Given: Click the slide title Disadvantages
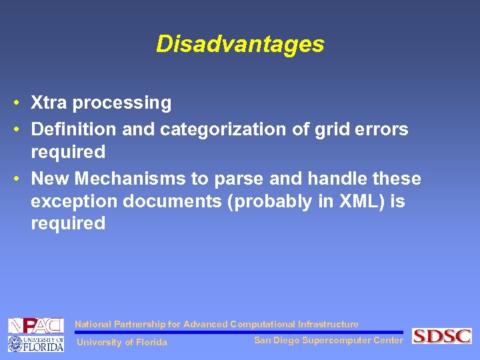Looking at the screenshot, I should pyautogui.click(x=240, y=44).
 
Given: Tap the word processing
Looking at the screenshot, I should pyautogui.click(x=122, y=103).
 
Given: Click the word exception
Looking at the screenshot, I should pyautogui.click(x=70, y=201).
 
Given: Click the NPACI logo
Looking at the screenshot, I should pyautogui.click(x=35, y=326).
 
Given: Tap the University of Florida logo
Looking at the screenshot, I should pyautogui.click(x=35, y=344).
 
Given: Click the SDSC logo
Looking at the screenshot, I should pyautogui.click(x=441, y=336).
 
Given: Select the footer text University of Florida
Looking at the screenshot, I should pyautogui.click(x=123, y=343).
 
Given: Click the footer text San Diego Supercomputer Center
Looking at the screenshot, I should pyautogui.click(x=329, y=341).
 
